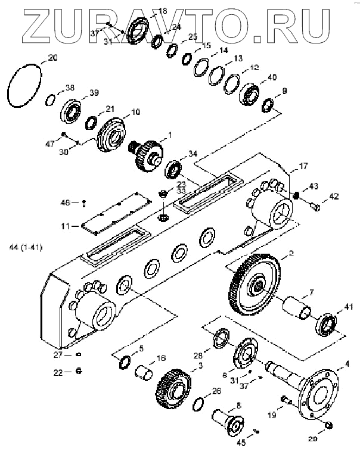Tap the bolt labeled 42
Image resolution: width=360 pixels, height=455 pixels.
pyautogui.click(x=315, y=207)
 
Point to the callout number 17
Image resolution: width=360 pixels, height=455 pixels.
pyautogui.click(x=303, y=166)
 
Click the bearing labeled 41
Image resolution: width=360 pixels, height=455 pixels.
pyautogui.click(x=326, y=325)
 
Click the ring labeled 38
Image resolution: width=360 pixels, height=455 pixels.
pyautogui.click(x=52, y=98)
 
